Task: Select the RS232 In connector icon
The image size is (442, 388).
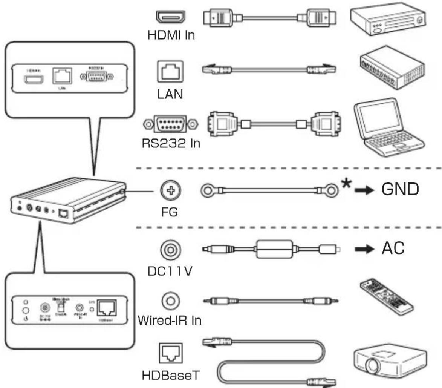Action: (170, 124)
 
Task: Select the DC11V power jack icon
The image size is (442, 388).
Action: (170, 250)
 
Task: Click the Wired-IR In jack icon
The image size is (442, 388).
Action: (170, 301)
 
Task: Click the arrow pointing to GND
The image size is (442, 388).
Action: (363, 190)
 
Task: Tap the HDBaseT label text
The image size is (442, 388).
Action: (170, 376)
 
